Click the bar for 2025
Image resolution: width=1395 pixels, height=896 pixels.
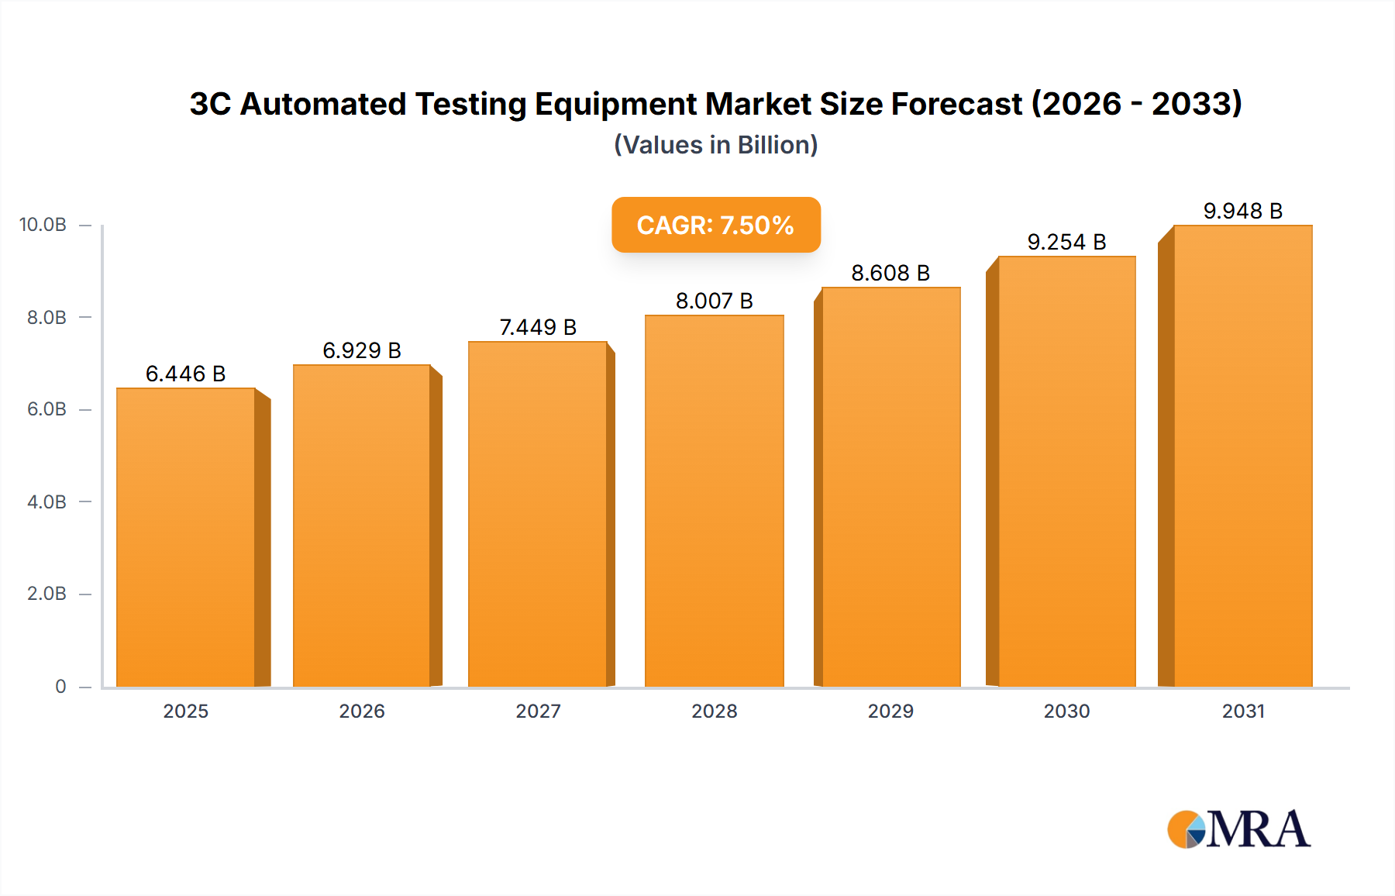click(x=186, y=537)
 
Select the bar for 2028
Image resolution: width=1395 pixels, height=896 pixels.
click(x=714, y=501)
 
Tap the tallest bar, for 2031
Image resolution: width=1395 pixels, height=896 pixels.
click(x=1242, y=456)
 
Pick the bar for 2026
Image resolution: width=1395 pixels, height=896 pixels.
click(x=362, y=526)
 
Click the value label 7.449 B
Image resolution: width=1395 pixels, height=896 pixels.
click(x=538, y=327)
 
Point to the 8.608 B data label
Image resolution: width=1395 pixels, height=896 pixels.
click(x=890, y=273)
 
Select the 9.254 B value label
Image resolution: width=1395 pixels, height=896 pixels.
click(x=1066, y=242)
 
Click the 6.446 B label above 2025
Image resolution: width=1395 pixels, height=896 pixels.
click(x=186, y=374)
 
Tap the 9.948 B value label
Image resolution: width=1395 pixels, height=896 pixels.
click(x=1242, y=211)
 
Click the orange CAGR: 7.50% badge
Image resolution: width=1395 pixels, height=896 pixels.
click(x=715, y=225)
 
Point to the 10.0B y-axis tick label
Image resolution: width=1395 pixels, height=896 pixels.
click(x=43, y=225)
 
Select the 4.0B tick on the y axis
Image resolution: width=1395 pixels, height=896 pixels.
click(x=46, y=501)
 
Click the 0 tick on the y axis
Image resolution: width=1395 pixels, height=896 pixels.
click(x=60, y=686)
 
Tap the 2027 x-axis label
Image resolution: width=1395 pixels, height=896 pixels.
click(x=538, y=711)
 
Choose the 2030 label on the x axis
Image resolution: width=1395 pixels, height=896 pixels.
click(x=1066, y=711)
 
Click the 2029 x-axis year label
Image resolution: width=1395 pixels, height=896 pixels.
click(x=890, y=711)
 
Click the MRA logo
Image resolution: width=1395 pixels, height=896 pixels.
click(x=1238, y=829)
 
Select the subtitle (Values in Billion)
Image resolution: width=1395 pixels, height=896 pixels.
click(x=715, y=145)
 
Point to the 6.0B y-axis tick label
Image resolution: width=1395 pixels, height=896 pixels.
click(x=46, y=409)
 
